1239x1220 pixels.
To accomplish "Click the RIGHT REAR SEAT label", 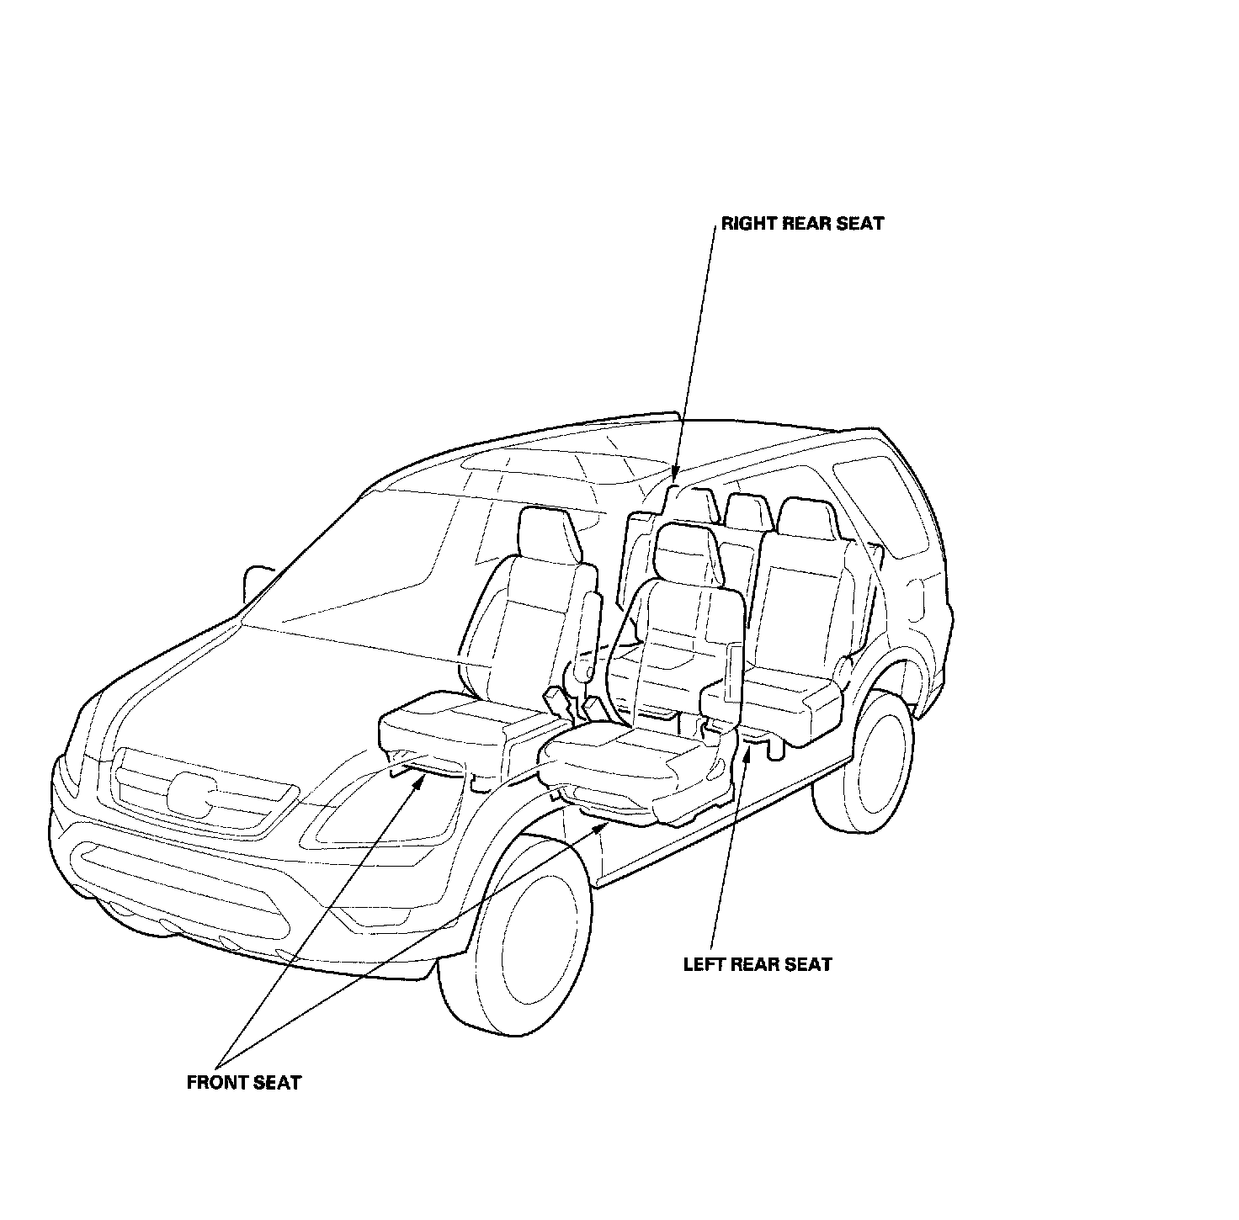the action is click(802, 224).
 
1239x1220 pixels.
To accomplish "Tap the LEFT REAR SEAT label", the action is click(758, 964).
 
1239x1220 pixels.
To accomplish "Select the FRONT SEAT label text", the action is click(243, 1083).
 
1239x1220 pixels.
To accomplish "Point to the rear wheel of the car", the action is click(875, 763).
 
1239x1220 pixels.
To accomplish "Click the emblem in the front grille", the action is click(192, 793).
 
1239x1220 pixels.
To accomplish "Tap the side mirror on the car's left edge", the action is click(255, 582).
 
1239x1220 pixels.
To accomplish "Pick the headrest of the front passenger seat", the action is click(550, 535).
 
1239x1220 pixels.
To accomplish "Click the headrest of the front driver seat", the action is click(687, 553).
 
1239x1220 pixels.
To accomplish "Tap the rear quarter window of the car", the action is click(875, 505).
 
